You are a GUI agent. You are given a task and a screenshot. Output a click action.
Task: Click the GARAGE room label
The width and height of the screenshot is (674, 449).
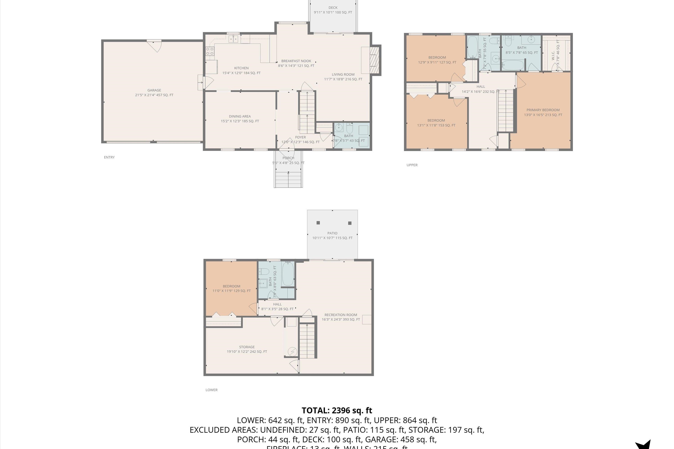(154, 90)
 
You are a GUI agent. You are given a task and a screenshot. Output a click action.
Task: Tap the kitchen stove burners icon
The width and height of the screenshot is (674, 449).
(210, 51)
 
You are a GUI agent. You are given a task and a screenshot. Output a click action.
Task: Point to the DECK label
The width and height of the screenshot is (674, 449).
(333, 8)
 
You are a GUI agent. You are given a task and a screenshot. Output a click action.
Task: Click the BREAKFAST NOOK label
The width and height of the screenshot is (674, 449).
(296, 61)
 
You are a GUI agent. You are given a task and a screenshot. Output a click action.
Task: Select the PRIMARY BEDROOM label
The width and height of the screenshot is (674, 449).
(543, 110)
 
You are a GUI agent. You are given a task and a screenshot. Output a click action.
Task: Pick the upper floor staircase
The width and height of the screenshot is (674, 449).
(505, 110)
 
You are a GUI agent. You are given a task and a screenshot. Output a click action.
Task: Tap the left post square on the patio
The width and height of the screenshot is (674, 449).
(318, 223)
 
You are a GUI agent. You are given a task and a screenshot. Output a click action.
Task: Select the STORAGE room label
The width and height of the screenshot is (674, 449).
(247, 347)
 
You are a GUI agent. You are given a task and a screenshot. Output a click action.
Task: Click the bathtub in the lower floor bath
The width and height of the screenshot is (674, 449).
(288, 274)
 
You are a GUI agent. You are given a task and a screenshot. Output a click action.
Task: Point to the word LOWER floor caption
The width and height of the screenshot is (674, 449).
(211, 390)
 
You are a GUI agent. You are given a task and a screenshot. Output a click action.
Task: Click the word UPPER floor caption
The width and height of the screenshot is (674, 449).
(412, 165)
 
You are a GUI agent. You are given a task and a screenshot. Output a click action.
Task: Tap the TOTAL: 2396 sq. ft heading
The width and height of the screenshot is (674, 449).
(337, 410)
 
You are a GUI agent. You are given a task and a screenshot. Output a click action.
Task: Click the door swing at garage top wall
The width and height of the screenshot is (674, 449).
(155, 46)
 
